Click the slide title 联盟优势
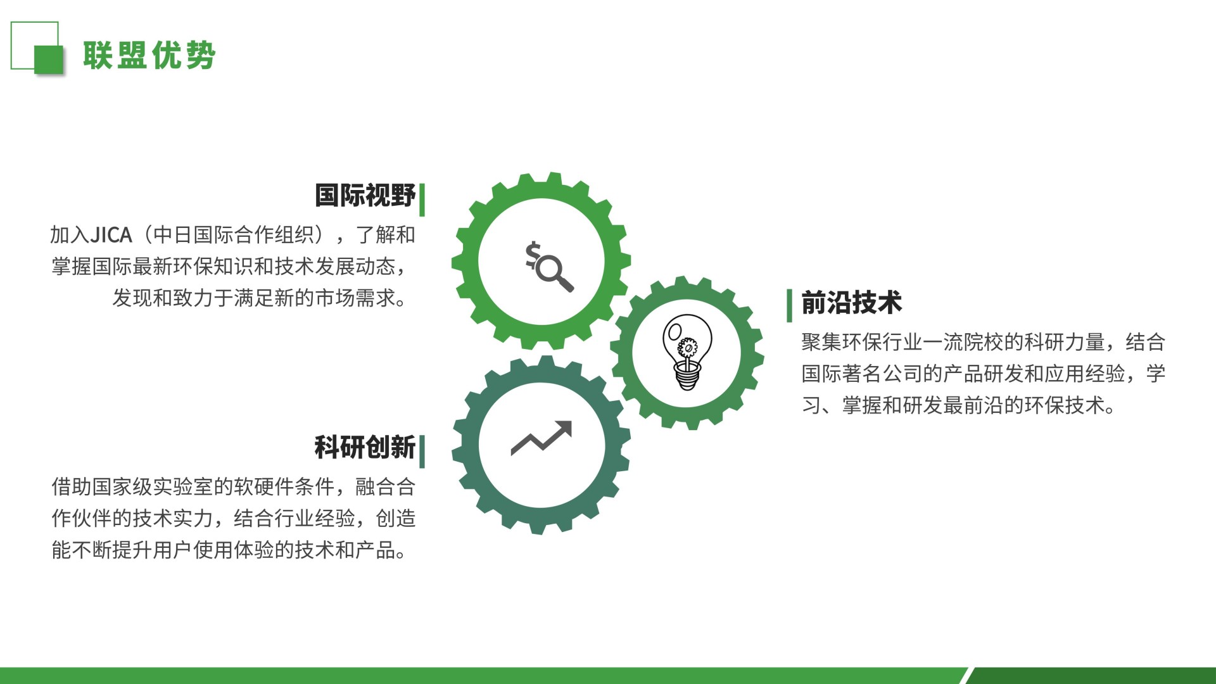149,55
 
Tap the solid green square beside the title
49,60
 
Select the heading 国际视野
365,196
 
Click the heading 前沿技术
851,303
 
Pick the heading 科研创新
365,447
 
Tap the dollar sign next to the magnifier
533,255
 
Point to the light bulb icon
687,352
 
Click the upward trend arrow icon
541,438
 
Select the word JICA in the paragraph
111,235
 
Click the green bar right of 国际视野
422,199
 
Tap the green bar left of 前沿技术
789,305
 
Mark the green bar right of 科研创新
422,452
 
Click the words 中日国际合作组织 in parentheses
234,235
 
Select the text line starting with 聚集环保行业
984,342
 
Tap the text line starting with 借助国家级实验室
234,486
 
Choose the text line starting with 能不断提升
229,550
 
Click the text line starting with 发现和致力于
260,298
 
